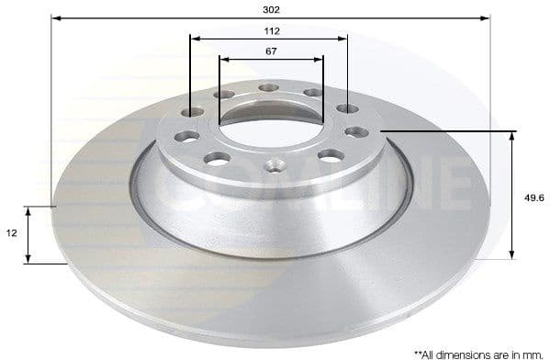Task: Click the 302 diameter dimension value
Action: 271,9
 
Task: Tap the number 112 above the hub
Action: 271,30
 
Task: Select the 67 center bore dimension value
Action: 271,51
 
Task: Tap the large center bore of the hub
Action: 271,129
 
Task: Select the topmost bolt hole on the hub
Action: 268,88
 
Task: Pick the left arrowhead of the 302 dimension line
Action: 56,17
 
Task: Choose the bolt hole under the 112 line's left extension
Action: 192,112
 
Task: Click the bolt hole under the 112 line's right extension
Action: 347,109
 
